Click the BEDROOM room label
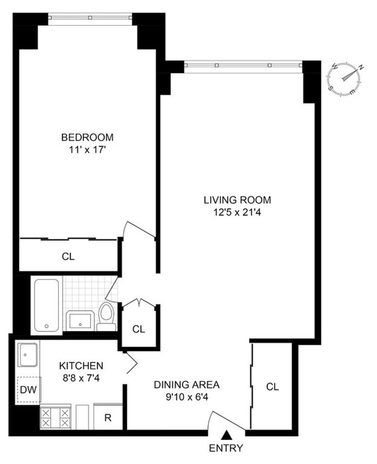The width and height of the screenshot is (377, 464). (x=87, y=137)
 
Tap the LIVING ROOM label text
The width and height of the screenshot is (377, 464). (x=238, y=200)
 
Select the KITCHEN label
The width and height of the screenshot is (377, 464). (x=81, y=366)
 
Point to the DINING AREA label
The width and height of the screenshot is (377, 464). (x=187, y=384)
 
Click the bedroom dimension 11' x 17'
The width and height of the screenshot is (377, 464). (x=87, y=150)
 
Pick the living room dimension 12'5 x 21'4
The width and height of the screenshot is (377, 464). (x=238, y=212)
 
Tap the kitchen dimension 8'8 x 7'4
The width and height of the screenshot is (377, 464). (x=81, y=378)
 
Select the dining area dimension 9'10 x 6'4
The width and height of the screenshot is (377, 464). (x=187, y=397)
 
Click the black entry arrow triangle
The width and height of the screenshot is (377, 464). (x=226, y=435)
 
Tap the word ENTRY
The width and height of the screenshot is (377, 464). (x=226, y=448)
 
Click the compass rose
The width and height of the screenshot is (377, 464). (x=345, y=79)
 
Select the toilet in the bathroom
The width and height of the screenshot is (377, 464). (x=106, y=317)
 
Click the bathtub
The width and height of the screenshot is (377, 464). (x=47, y=305)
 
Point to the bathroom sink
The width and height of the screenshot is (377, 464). (x=80, y=321)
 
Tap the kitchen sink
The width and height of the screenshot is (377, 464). (x=27, y=355)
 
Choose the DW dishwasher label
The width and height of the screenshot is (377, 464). (x=28, y=390)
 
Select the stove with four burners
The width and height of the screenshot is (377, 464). (x=55, y=417)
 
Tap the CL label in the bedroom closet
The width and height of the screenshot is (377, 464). (x=68, y=256)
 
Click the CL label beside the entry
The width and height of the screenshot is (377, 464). (x=272, y=386)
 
